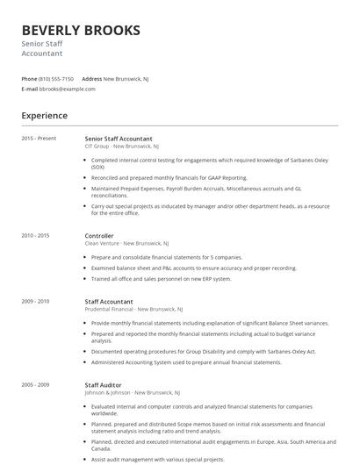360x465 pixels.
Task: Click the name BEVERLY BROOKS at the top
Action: coord(81,31)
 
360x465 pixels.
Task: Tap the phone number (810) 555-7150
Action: coord(57,79)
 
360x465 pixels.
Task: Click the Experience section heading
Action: coord(44,116)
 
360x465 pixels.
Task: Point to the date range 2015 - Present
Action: coord(39,139)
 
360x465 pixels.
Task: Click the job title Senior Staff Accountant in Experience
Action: coord(119,139)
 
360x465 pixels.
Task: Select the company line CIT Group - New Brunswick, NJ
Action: coord(121,147)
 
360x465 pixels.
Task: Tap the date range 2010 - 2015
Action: coord(35,236)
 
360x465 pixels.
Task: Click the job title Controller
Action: coord(99,236)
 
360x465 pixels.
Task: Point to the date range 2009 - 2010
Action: coord(35,301)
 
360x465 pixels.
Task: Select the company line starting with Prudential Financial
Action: coord(134,309)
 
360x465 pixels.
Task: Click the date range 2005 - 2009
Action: coord(35,385)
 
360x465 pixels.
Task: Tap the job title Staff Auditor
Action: coord(104,385)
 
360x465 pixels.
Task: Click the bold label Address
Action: coord(92,79)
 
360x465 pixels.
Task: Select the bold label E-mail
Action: coord(30,89)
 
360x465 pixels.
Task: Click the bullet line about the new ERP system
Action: coord(162,279)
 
